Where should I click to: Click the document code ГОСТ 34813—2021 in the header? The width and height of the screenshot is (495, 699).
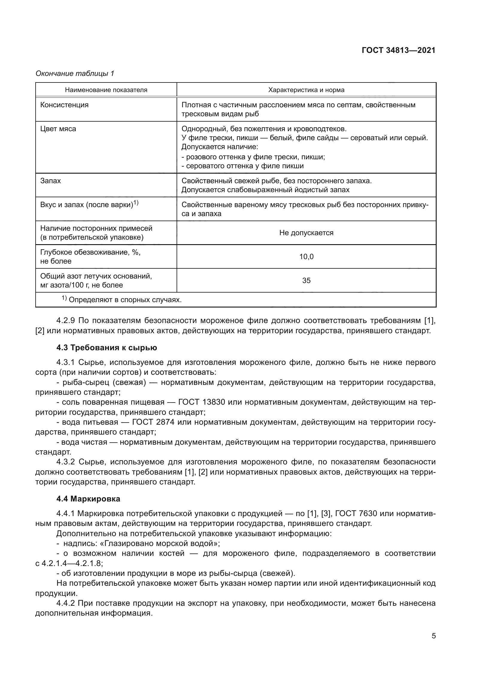pos(398,50)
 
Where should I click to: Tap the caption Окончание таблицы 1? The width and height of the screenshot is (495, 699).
pos(75,74)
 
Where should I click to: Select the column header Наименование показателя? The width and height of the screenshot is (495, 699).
pos(106,90)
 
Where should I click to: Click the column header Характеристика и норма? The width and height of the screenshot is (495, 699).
pos(306,90)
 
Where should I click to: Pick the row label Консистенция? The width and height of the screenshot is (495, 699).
pos(64,105)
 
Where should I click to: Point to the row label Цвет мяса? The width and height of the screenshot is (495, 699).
pos(58,129)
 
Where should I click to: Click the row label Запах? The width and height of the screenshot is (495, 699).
pos(51,181)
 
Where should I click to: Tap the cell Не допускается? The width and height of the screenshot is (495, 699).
pos(306,233)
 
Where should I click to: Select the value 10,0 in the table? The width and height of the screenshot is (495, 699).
pos(306,257)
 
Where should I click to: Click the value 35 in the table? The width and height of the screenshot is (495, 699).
pos(306,280)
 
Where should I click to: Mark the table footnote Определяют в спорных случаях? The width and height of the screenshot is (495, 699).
pos(125,300)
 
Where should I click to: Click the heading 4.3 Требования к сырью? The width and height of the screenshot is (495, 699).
pos(107,348)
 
